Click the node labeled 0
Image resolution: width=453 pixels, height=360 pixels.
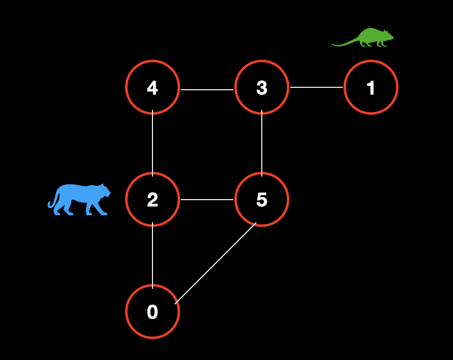(152, 311)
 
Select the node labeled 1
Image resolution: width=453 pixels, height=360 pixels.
(371, 87)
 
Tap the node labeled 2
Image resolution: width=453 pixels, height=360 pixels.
(152, 199)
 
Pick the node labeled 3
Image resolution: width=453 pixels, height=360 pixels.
(262, 87)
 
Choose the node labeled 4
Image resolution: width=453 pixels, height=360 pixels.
(152, 87)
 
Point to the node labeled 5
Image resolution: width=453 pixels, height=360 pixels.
(262, 199)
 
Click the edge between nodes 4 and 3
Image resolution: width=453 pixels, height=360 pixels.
(207, 90)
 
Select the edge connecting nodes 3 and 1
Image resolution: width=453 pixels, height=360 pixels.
(316, 87)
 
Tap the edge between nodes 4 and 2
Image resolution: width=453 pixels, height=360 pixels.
(152, 143)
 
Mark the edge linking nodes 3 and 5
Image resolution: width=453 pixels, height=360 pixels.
(262, 143)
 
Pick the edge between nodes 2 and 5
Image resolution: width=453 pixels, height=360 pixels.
(207, 200)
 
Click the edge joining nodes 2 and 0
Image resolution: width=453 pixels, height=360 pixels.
(152, 255)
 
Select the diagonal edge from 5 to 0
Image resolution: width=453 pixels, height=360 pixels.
(216, 263)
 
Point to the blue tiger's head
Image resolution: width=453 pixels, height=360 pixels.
(103, 190)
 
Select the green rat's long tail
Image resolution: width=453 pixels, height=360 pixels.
(343, 44)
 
